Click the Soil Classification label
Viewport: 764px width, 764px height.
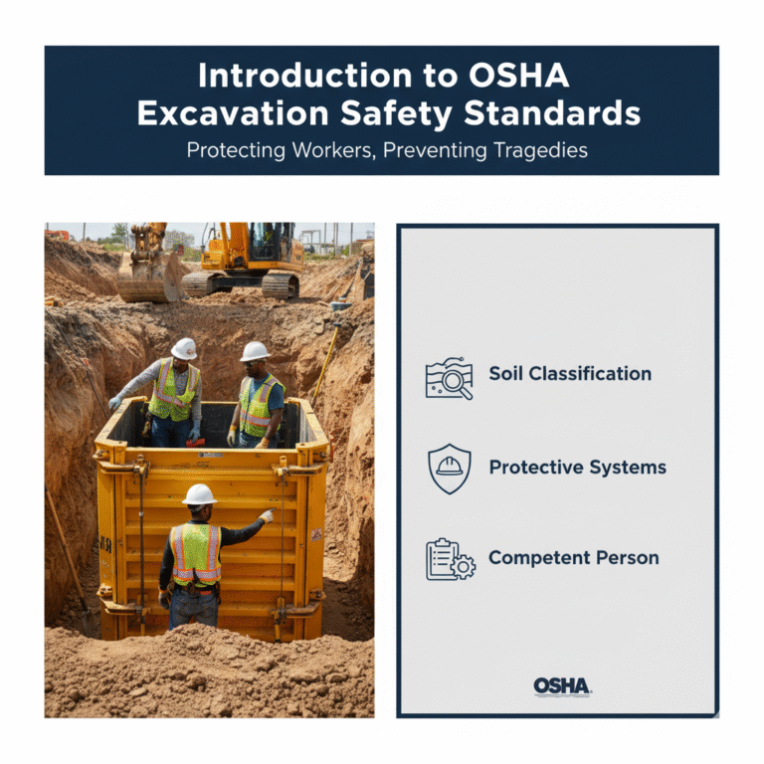[570, 374]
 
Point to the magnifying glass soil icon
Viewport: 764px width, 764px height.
[449, 379]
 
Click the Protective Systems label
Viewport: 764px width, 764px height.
[577, 467]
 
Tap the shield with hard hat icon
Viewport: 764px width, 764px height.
[450, 469]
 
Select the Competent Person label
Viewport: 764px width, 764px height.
[573, 558]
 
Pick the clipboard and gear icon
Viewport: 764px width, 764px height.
[450, 559]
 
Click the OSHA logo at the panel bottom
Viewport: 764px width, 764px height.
[562, 686]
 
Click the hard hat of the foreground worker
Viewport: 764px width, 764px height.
[200, 494]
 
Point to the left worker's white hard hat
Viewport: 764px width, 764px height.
[184, 348]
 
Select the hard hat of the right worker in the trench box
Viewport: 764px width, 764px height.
[256, 351]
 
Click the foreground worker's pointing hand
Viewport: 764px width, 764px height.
[266, 515]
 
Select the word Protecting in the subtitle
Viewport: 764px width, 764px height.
[234, 150]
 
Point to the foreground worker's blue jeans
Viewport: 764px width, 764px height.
[195, 609]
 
